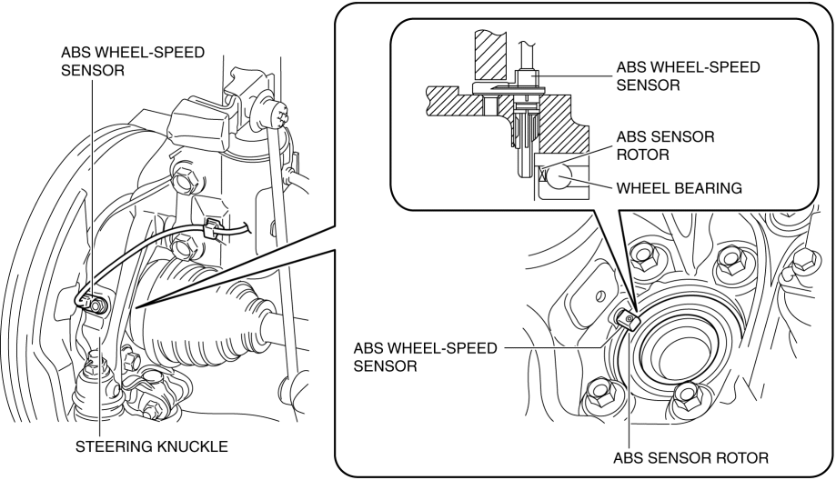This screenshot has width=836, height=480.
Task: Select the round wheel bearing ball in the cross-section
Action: [x=565, y=178]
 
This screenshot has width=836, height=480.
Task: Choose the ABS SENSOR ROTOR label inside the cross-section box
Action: [x=666, y=145]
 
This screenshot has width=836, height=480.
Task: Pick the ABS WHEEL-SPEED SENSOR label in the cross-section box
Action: [x=688, y=76]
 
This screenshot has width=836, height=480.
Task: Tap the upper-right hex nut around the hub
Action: [x=733, y=262]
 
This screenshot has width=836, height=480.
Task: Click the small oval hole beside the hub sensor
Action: [x=599, y=293]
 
